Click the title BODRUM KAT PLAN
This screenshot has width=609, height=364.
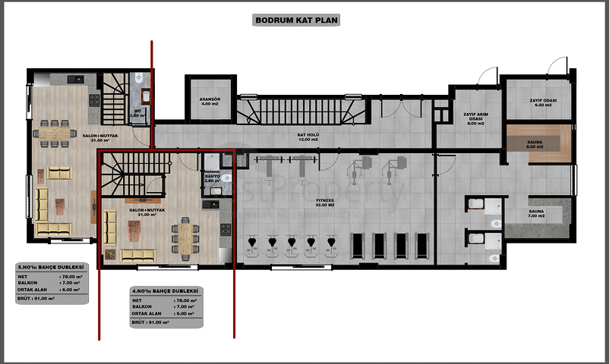point(296,21)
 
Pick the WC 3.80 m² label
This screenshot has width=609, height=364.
point(137,113)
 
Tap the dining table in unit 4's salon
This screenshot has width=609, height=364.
point(185,235)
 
